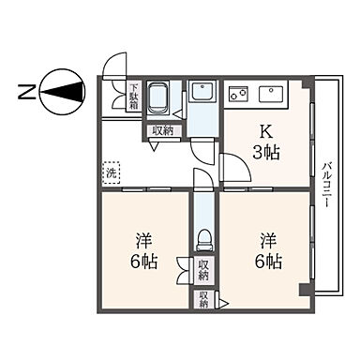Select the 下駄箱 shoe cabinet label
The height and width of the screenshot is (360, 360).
click(x=134, y=97)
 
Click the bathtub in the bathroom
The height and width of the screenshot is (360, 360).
click(x=160, y=98)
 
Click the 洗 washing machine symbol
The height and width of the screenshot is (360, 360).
click(x=112, y=172)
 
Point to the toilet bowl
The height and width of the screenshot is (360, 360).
click(x=203, y=241)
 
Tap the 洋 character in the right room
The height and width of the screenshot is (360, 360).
click(x=268, y=239)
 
